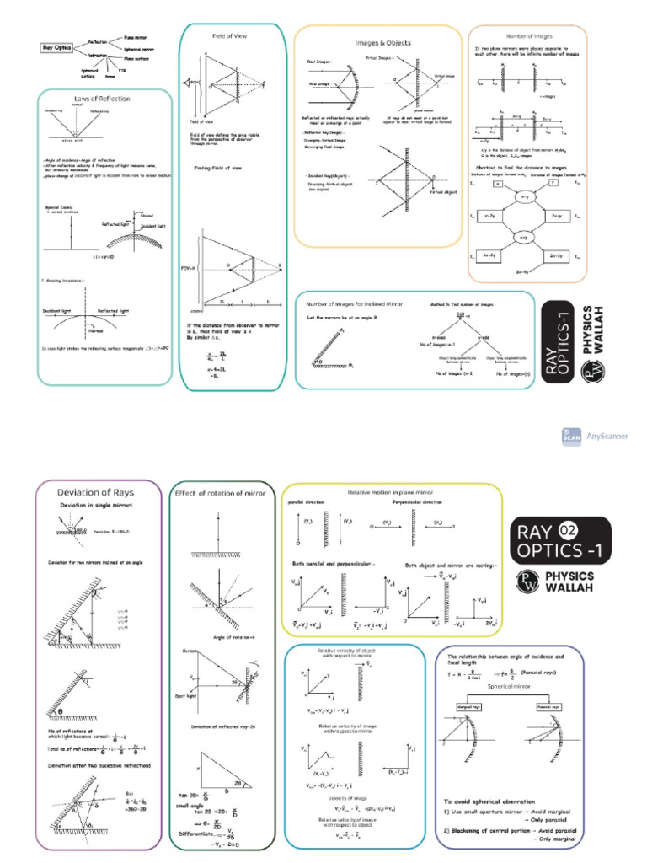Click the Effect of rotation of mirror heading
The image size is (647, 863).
pyautogui.click(x=221, y=493)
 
